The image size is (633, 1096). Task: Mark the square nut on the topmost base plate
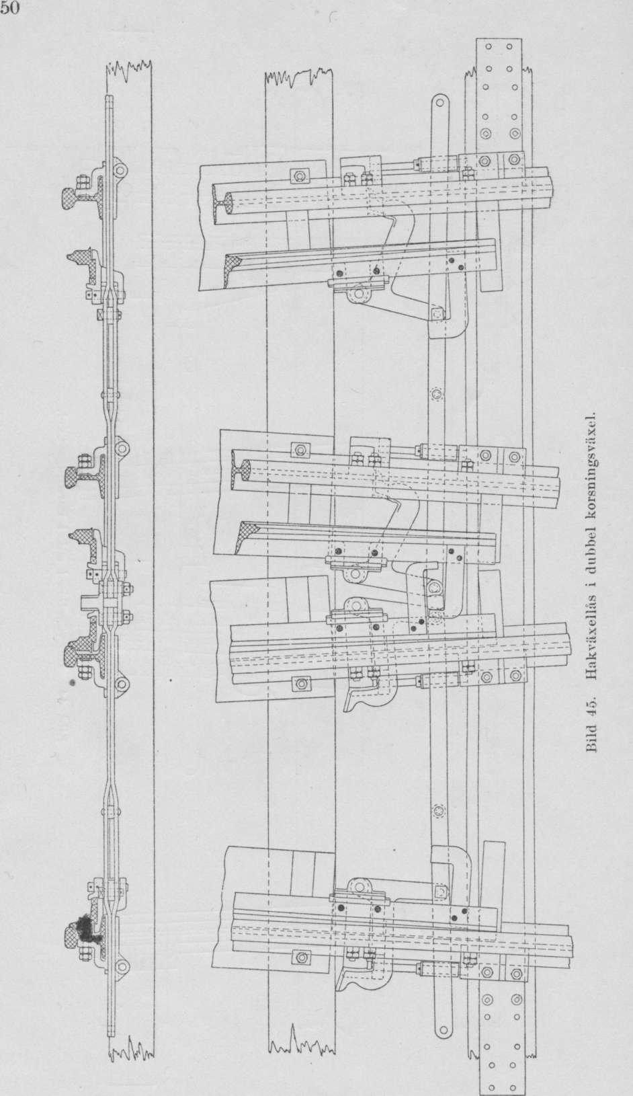[x=298, y=175]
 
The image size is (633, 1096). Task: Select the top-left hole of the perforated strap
[x=487, y=47]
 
